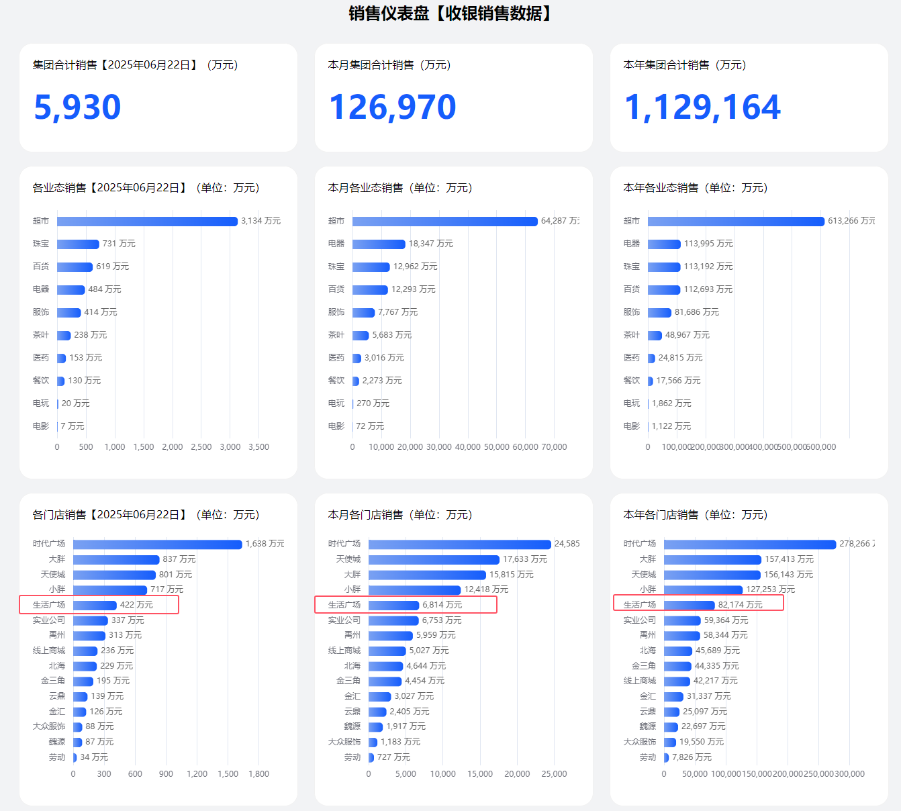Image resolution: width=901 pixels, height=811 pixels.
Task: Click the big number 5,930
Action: point(77,107)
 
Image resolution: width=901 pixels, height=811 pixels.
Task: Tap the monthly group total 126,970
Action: point(393,107)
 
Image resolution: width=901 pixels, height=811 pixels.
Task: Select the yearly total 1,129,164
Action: point(702,107)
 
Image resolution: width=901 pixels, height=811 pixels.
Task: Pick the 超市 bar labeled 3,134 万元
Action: point(147,222)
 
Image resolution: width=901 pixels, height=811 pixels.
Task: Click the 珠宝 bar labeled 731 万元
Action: point(78,244)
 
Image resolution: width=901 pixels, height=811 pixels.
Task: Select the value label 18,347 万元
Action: point(431,244)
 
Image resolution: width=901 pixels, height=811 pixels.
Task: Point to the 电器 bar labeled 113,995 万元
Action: point(664,244)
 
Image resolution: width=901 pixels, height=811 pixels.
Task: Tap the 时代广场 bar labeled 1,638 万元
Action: point(157,544)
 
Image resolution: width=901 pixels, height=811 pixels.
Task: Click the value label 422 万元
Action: point(136,605)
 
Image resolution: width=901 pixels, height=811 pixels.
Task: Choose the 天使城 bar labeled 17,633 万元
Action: point(434,560)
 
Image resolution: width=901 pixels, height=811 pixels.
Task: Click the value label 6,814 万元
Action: point(442,605)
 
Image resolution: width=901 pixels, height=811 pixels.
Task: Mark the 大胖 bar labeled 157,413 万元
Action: point(712,560)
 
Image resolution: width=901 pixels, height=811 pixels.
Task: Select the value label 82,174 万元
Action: point(741,605)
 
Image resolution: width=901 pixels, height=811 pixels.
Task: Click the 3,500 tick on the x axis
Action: point(258,447)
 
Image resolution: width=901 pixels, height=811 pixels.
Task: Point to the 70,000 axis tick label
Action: point(554,447)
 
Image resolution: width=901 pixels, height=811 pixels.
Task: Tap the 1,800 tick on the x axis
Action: point(258,774)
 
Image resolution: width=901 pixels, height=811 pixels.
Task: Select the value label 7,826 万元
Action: point(692,757)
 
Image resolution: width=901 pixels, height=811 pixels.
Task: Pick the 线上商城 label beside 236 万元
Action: point(49,651)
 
